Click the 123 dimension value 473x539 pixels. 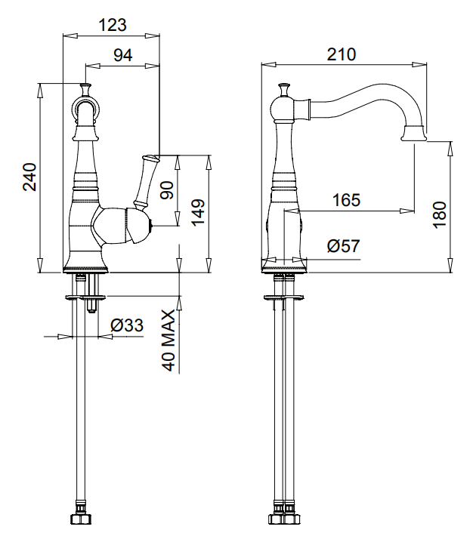click(x=113, y=25)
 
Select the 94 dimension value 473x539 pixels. click(x=123, y=54)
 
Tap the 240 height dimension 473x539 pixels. click(x=30, y=177)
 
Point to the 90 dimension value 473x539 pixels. click(x=168, y=190)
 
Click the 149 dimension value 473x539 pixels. click(x=198, y=212)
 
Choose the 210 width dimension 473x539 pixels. click(x=342, y=54)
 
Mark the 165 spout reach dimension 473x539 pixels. click(x=346, y=200)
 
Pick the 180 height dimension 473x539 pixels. click(x=440, y=215)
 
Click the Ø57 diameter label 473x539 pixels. click(x=343, y=246)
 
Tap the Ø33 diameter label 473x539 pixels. click(x=127, y=325)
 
